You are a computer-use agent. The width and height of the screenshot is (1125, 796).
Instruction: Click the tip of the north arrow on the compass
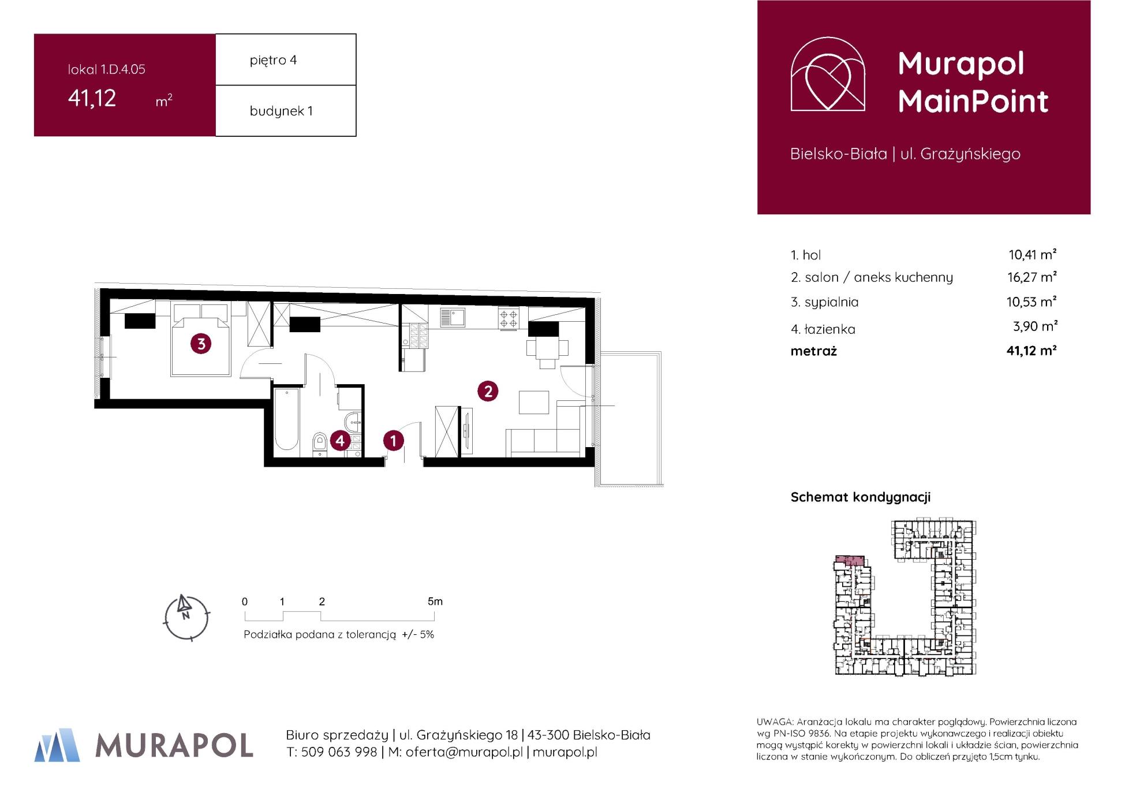[x=182, y=595]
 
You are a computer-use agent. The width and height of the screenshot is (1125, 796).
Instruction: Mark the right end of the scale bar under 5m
[x=442, y=621]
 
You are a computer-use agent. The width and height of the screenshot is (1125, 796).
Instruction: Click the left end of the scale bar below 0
[x=245, y=621]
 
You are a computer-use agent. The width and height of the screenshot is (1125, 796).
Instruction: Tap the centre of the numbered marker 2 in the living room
[x=488, y=392]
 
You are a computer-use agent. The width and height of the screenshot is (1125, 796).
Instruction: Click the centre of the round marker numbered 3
[x=201, y=344]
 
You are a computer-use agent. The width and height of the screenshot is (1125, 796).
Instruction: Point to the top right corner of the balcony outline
[x=661, y=352]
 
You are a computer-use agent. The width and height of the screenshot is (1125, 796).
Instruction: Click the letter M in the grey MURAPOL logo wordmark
[x=108, y=746]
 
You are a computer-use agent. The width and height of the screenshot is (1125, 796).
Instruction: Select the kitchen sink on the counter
[x=453, y=317]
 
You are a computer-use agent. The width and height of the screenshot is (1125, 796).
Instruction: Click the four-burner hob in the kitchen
[x=509, y=318]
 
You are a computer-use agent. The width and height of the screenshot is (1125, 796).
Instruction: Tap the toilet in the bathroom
[x=319, y=444]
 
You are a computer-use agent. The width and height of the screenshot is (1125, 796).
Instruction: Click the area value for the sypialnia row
[x=1032, y=302]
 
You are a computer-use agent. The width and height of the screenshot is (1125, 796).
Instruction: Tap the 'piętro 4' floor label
[x=274, y=60]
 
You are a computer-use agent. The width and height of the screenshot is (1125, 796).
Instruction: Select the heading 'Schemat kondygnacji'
[x=861, y=497]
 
